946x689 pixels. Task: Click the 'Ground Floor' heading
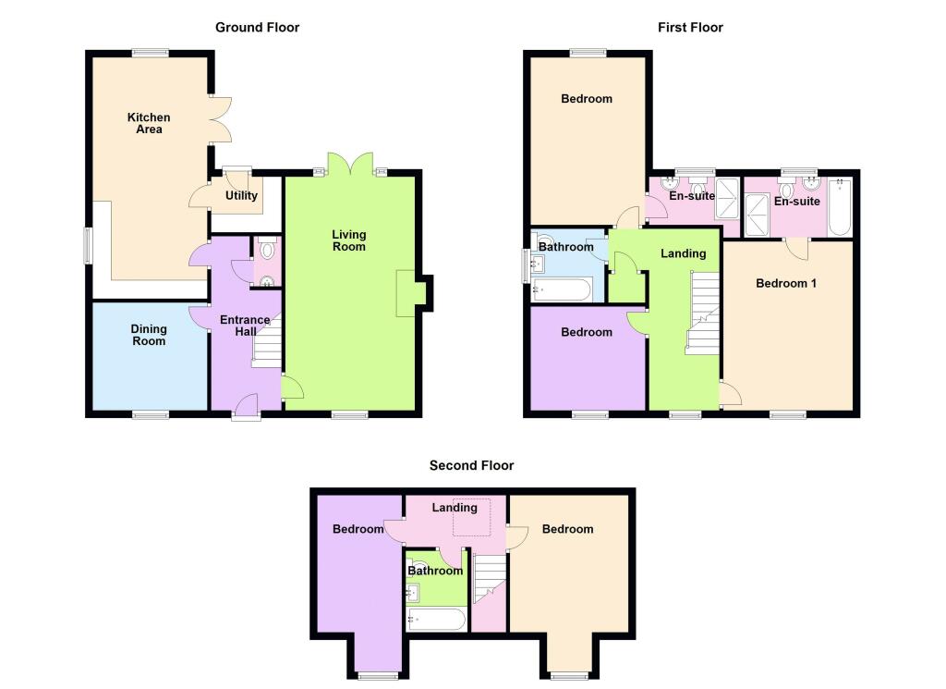257,28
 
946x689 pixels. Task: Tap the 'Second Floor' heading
471,466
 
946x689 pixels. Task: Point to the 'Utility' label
241,196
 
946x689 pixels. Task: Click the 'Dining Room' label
149,335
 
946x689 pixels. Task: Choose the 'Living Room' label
348,240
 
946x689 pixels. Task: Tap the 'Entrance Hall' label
244,326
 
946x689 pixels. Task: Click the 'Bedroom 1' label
785,283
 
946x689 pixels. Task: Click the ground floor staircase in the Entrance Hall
266,344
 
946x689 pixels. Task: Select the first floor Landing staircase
703,314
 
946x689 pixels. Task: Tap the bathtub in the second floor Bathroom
436,619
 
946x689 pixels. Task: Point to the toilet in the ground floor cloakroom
268,250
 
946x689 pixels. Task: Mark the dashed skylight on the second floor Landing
471,517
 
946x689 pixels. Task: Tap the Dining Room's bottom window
150,414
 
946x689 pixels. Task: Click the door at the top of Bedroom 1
796,248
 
